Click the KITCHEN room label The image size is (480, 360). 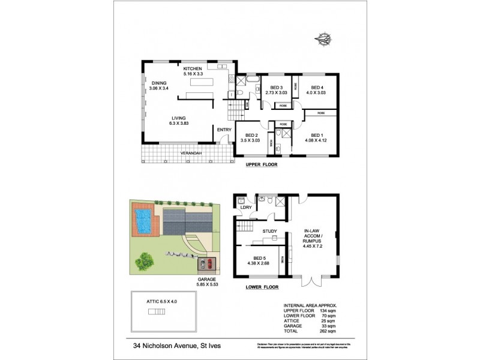coord(193,68)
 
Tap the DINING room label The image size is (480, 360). coord(159,83)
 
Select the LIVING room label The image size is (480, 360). coord(178,118)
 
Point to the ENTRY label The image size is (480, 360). coord(224,130)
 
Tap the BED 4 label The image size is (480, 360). coord(315,87)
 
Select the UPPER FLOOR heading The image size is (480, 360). coord(261,164)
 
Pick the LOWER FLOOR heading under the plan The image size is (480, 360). coord(263,288)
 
